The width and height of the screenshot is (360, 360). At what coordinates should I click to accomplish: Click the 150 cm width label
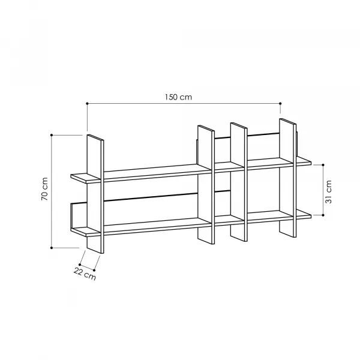tap(178, 97)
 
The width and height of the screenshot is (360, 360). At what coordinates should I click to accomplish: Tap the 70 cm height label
tap(44, 189)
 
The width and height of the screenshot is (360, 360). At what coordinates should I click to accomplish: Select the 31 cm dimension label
tap(329, 192)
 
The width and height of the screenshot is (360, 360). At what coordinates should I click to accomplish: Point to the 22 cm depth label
tap(85, 274)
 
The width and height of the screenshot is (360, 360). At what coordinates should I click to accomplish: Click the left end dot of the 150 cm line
tap(87, 104)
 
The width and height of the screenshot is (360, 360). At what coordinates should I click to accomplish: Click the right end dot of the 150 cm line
tap(280, 104)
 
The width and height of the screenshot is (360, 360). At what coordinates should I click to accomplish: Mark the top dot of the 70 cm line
tap(52, 135)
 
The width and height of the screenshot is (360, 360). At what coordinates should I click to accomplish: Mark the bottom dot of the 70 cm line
tap(52, 248)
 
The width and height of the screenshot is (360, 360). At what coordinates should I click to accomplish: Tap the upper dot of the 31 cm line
tap(323, 165)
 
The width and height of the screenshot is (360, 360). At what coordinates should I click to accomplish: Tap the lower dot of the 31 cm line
tap(323, 215)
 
